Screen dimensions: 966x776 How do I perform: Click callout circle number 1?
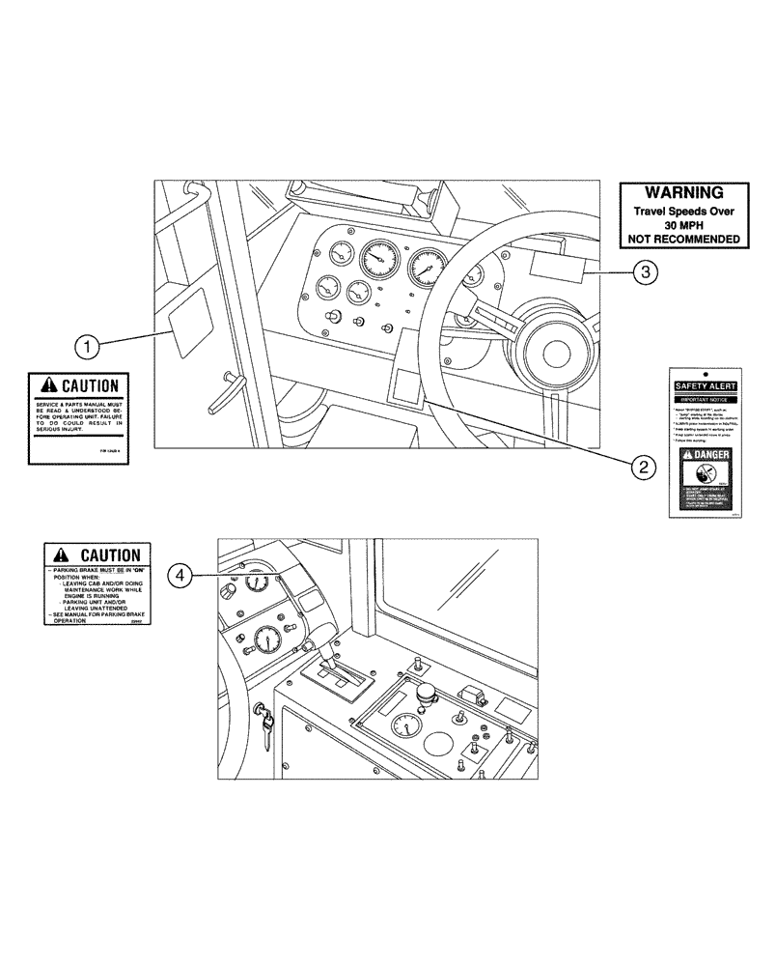coord(88,344)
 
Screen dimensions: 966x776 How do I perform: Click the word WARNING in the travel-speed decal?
coord(683,193)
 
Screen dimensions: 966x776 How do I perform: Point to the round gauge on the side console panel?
coord(410,726)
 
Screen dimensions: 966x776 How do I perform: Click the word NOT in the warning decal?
coord(646,239)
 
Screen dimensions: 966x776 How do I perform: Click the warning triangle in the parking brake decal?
coord(60,555)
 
